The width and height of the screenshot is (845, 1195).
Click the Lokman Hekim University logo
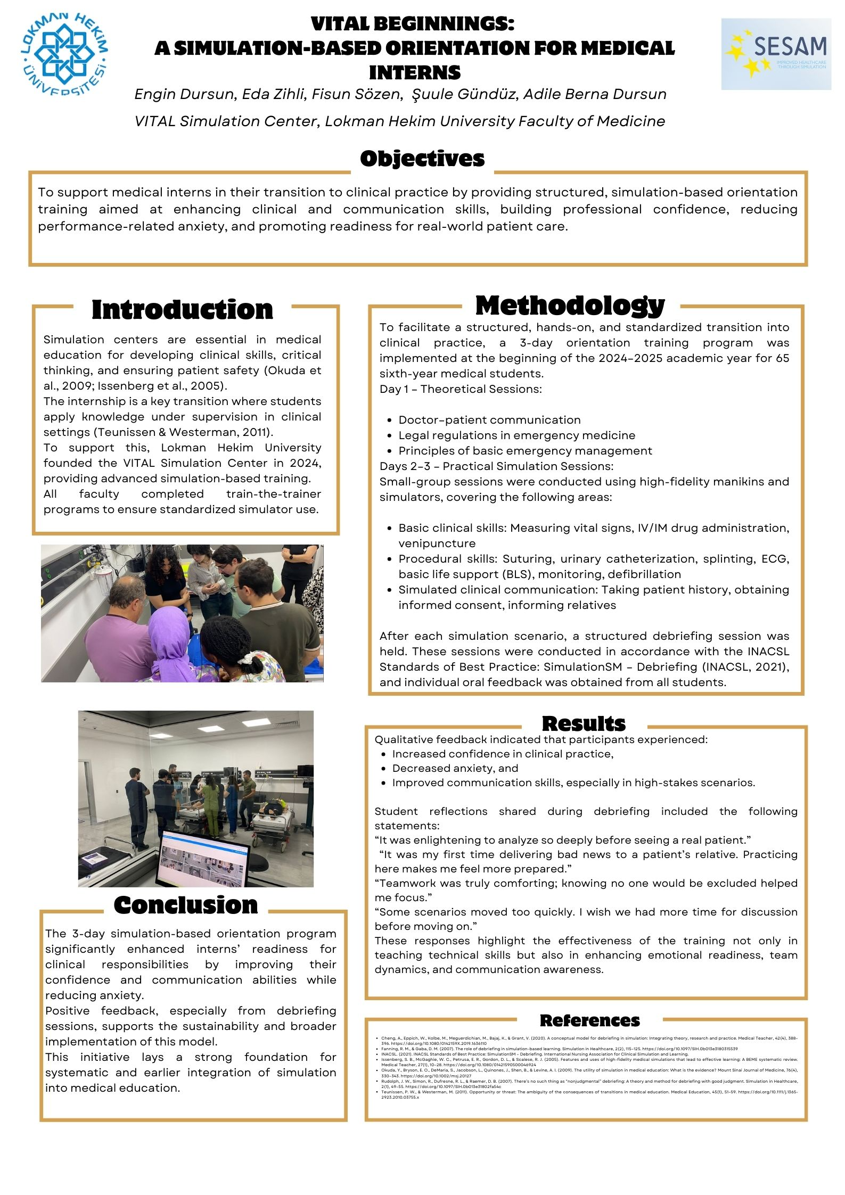click(x=64, y=54)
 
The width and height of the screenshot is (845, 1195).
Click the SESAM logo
click(x=776, y=54)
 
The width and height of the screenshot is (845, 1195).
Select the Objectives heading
click(x=422, y=159)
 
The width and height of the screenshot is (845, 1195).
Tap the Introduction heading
click(x=182, y=310)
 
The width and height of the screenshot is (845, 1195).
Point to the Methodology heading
click(x=570, y=306)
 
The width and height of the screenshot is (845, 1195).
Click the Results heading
click(x=584, y=723)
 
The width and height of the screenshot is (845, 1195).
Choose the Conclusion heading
click(x=185, y=905)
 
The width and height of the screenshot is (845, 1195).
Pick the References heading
click(x=589, y=1020)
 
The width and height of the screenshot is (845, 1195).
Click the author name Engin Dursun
click(x=184, y=94)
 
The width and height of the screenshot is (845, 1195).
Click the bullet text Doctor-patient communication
click(x=489, y=420)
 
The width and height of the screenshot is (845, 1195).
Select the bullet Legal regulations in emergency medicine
click(x=516, y=435)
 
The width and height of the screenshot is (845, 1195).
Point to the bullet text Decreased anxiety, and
click(x=455, y=768)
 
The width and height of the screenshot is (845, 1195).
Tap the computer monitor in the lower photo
click(x=205, y=858)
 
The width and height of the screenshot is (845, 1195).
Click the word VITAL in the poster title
click(x=345, y=24)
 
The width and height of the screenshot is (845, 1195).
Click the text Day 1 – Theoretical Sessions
click(x=461, y=389)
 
